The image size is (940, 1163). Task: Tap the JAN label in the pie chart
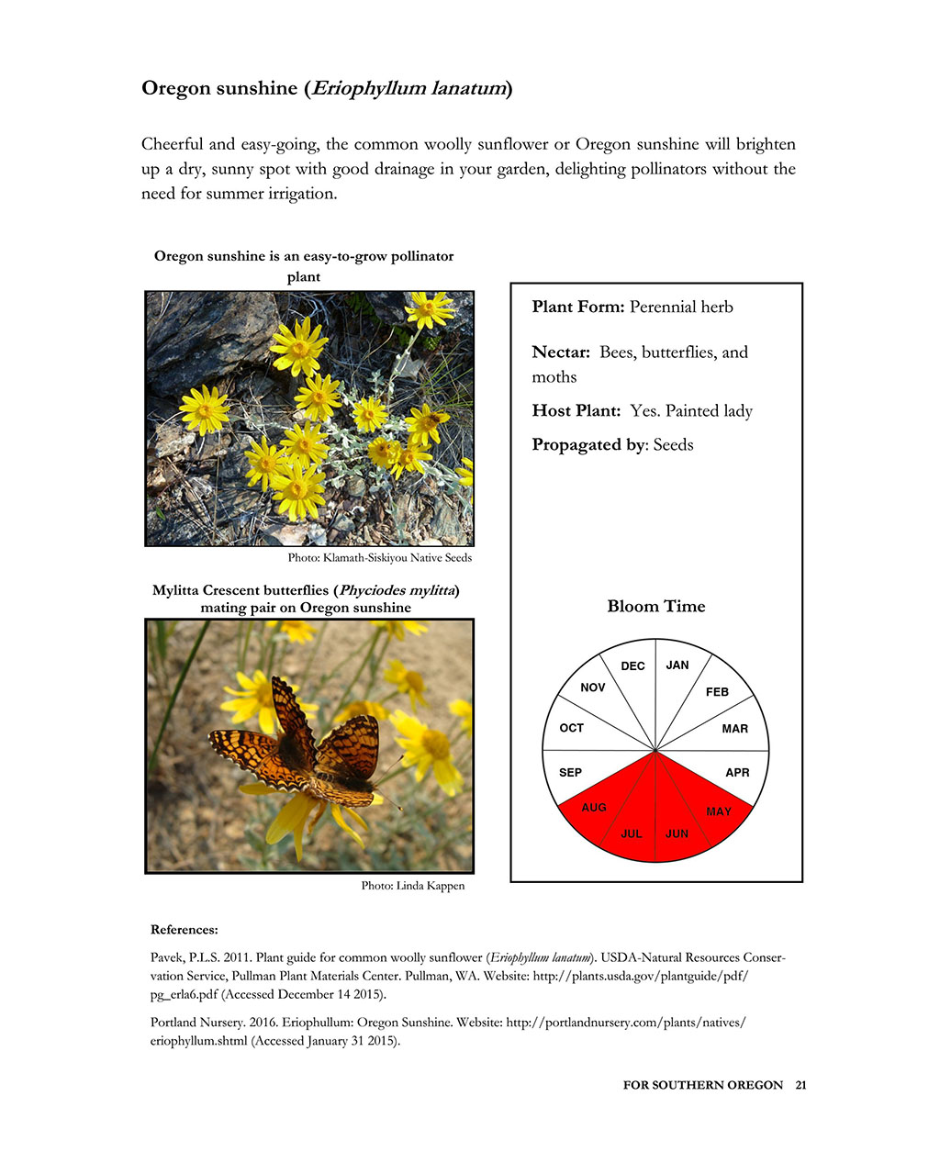677,665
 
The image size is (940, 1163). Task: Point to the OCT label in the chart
571,728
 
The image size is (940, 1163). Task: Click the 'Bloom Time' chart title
655,606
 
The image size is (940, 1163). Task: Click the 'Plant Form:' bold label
577,307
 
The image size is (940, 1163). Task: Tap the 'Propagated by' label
588,444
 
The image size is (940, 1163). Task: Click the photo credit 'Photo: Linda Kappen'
412,886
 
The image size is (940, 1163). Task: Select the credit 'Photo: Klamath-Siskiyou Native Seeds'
379,557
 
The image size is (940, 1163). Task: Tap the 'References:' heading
184,930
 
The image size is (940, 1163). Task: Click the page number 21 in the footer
800,1085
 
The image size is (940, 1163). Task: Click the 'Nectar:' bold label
560,352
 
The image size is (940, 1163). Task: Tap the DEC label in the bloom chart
632,666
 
